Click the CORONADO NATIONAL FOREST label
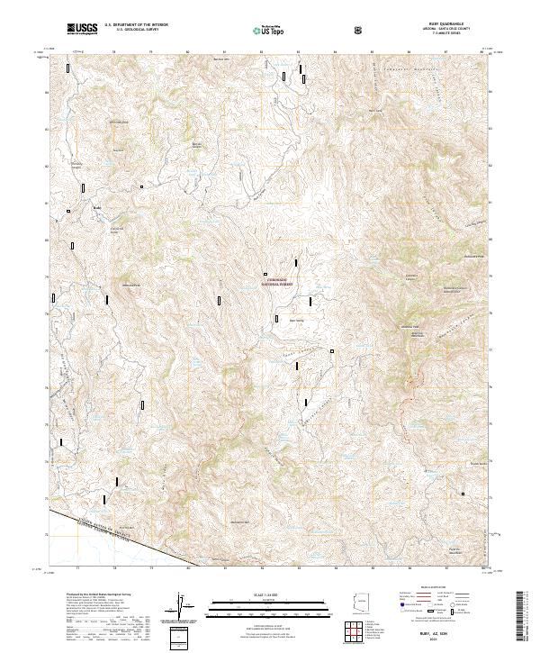(x=280, y=281)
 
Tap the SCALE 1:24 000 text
(x=270, y=594)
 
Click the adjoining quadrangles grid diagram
(x=358, y=633)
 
